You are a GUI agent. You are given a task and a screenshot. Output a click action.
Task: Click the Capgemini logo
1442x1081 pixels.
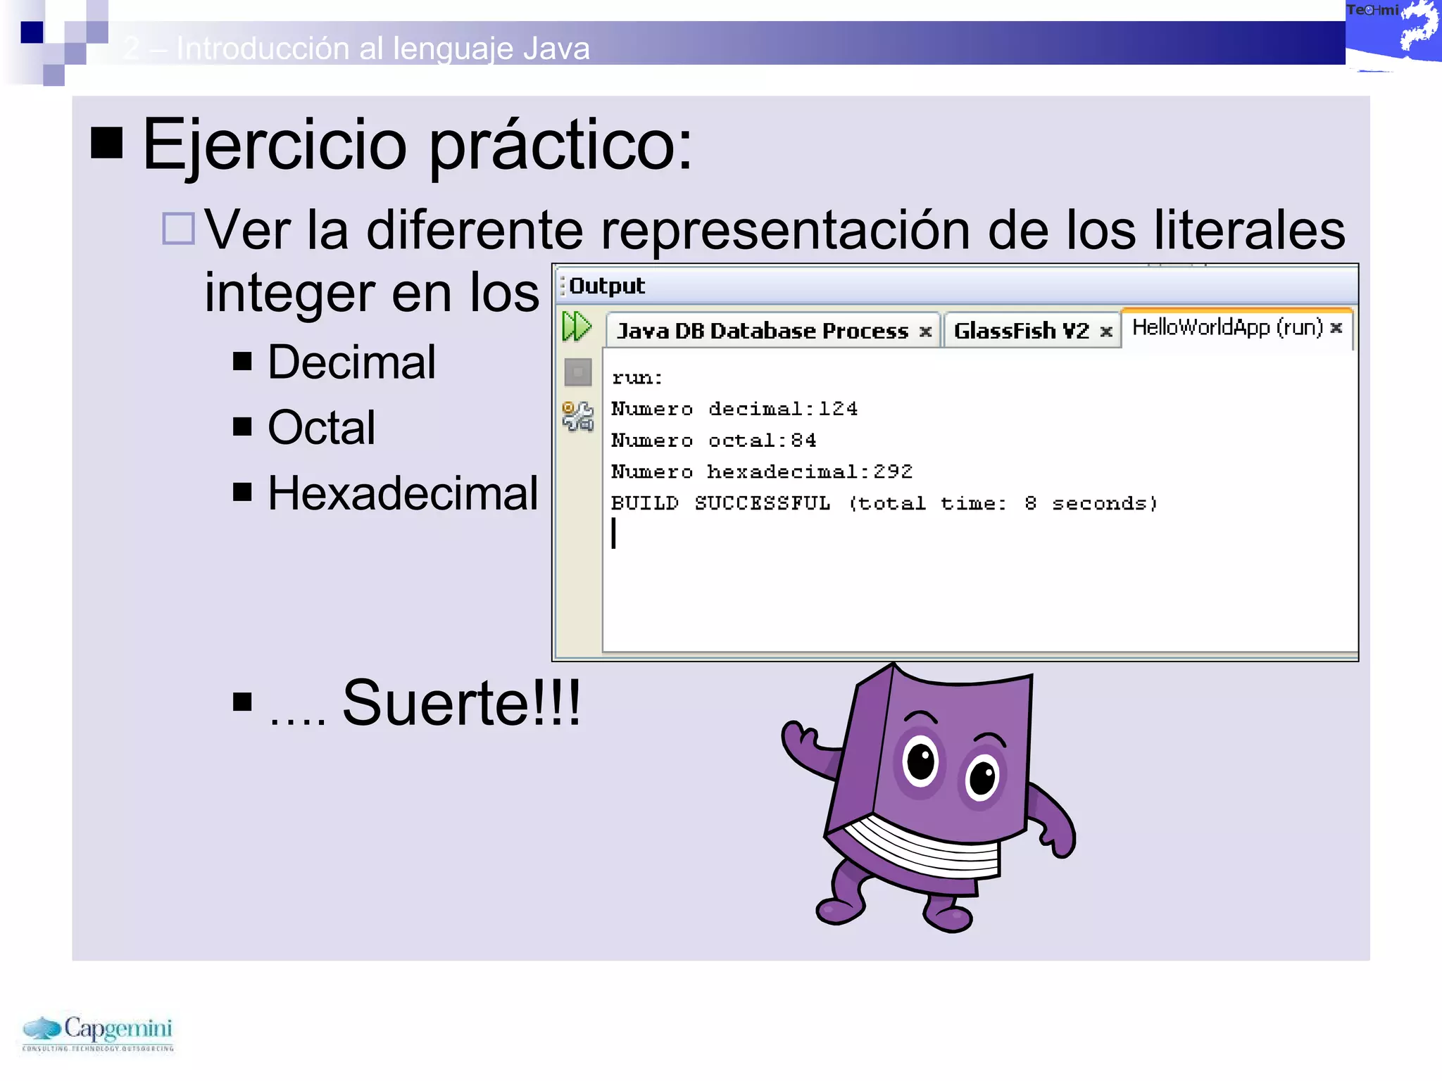[x=98, y=1032]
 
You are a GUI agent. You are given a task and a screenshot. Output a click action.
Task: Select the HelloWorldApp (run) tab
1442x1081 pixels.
[x=1227, y=327]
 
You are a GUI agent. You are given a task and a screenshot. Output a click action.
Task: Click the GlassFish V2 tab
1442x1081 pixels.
[x=1020, y=331]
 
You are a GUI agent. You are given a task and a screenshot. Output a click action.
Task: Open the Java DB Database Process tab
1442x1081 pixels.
[x=762, y=331]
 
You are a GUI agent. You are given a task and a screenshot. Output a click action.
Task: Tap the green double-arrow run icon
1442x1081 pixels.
[x=577, y=327]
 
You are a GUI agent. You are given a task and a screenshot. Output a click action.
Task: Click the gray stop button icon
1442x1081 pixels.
[x=578, y=372]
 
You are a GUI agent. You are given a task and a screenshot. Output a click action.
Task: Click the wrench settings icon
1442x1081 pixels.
[x=578, y=416]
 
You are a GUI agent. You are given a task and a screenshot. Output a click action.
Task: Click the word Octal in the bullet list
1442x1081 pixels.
[x=321, y=427]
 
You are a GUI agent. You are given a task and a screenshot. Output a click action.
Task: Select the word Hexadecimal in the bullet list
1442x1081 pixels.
[x=403, y=493]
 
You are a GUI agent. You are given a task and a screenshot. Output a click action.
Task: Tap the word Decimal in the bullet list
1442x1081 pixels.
[x=351, y=362]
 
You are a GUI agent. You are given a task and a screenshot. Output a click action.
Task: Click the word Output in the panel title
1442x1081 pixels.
[x=606, y=286]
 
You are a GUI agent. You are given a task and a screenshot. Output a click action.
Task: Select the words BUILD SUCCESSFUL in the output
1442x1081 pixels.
[x=720, y=503]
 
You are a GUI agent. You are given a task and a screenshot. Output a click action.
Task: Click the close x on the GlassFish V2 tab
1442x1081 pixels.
[x=1106, y=331]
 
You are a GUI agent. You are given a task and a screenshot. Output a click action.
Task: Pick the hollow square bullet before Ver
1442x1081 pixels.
[x=178, y=229]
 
